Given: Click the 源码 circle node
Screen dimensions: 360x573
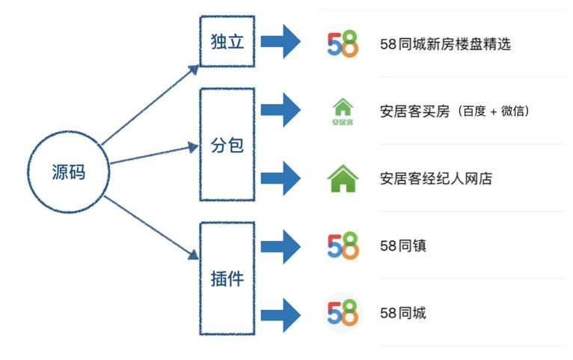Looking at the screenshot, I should click(x=69, y=172).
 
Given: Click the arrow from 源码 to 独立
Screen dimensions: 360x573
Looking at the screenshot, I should click(x=150, y=104).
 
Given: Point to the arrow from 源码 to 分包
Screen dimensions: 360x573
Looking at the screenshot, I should click(x=154, y=153).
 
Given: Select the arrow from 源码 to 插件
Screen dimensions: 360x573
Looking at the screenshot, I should click(x=150, y=229).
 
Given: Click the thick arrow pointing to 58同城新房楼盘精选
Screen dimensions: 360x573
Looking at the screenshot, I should click(x=281, y=42).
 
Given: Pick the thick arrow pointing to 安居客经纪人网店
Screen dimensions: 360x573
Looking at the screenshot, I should click(x=281, y=178).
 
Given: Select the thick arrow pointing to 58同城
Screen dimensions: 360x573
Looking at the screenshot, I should click(x=281, y=314).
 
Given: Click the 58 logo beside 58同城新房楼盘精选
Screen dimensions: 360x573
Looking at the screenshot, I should click(x=343, y=43).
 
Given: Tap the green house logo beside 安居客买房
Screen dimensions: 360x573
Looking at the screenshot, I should click(x=343, y=111).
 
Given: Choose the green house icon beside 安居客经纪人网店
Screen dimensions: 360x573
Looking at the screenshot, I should click(x=343, y=178).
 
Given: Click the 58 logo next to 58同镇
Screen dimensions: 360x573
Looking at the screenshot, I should click(x=343, y=245).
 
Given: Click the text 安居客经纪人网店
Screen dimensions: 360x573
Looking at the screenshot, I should click(x=435, y=179).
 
